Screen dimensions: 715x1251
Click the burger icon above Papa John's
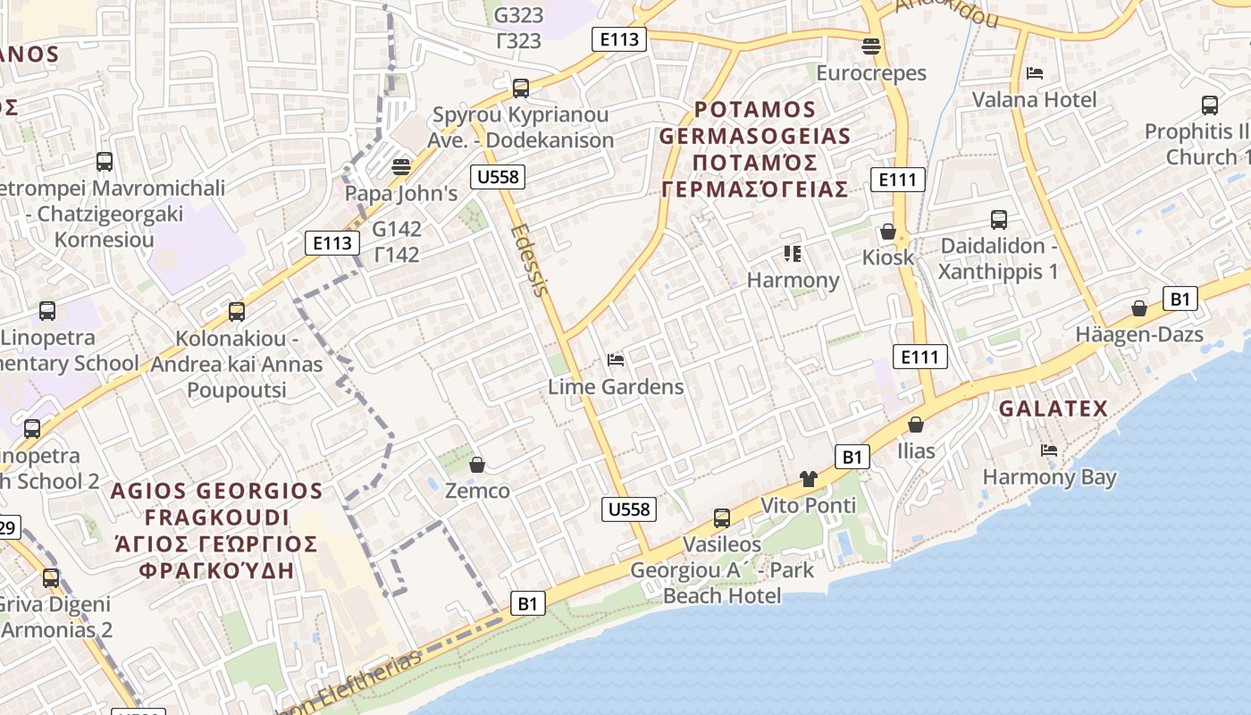pos(401,167)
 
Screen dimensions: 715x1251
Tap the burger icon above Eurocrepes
pos(871,46)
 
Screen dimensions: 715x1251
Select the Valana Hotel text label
pos(1034,99)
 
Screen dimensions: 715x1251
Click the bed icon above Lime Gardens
pos(616,360)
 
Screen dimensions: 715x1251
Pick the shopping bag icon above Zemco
pos(477,465)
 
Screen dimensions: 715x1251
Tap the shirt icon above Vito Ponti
pos(809,479)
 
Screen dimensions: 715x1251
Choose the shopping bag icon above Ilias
pos(916,425)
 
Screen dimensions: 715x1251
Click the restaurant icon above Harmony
pos(793,254)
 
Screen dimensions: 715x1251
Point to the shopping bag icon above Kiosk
pos(888,231)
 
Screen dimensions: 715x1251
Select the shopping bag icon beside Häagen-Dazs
pos(1139,308)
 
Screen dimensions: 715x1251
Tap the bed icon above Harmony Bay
pos(1049,450)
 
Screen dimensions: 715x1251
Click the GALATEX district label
pos(1053,409)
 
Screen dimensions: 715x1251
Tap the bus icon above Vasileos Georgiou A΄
pos(721,518)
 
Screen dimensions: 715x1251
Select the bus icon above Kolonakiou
pos(237,312)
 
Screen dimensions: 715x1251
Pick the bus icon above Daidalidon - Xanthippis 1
pos(998,220)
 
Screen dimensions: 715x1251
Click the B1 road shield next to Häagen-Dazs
pos(1180,299)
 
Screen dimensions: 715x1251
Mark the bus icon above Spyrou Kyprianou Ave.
pos(521,88)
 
